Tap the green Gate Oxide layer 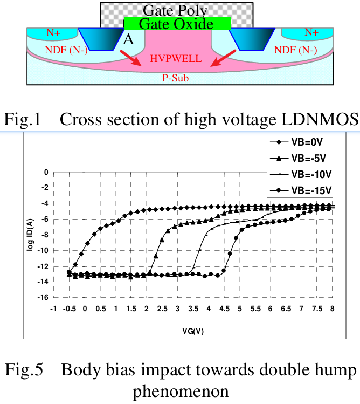[x=177, y=24]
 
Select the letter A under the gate [x=128, y=39]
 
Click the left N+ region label [x=53, y=33]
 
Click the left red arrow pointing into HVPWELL [x=129, y=58]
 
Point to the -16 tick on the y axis [x=45, y=297]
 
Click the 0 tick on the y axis [x=47, y=172]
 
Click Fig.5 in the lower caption [x=24, y=371]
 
